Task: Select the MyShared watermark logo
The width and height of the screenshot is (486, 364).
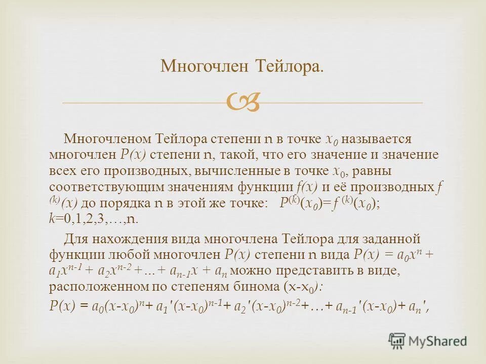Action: coord(428,341)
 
